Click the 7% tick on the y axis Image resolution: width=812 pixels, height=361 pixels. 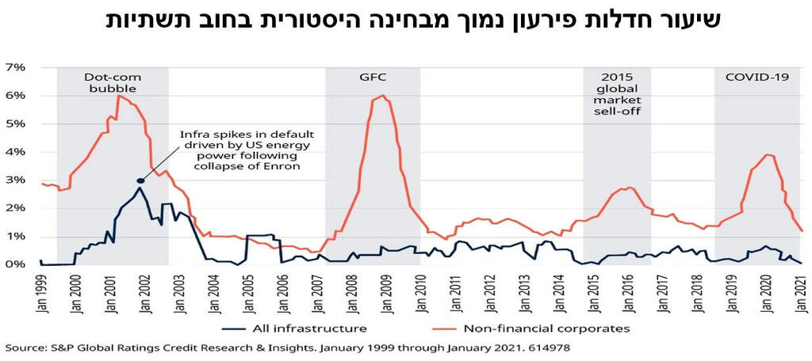(x=17, y=67)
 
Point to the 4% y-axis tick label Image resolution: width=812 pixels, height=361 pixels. (x=17, y=152)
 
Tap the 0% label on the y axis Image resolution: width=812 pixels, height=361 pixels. (x=17, y=264)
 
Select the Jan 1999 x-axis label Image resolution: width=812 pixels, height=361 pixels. (x=40, y=293)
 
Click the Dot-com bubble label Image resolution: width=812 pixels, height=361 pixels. (x=112, y=83)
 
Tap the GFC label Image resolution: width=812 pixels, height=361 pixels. (x=372, y=78)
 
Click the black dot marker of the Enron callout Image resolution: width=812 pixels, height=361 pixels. (x=140, y=180)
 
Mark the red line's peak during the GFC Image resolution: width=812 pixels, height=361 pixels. (x=384, y=96)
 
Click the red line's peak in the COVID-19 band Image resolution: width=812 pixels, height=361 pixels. (x=766, y=154)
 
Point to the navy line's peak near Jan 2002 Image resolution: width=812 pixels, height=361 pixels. (x=140, y=188)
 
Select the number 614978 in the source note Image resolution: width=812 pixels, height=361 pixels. (x=546, y=348)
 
